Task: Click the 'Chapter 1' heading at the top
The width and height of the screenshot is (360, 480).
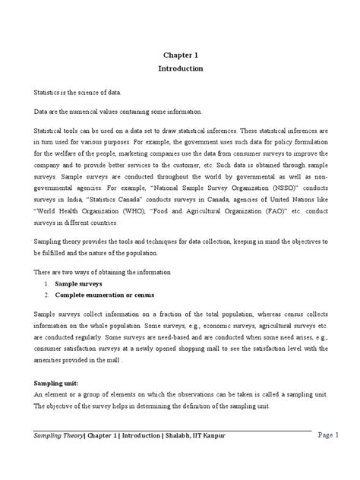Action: pyautogui.click(x=180, y=55)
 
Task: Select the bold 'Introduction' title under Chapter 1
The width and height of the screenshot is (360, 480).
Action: pyautogui.click(x=180, y=68)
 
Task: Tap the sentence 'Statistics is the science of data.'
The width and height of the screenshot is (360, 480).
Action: pyautogui.click(x=77, y=91)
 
